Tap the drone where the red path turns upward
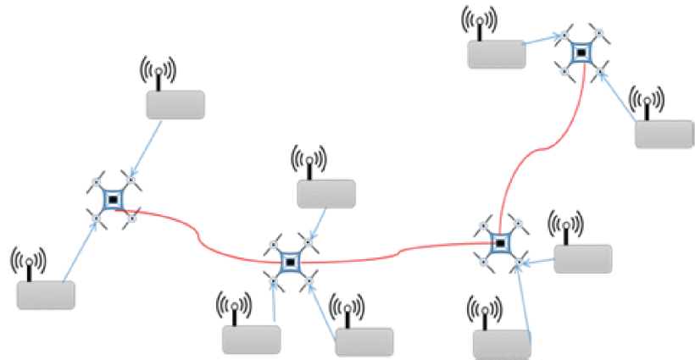coord(501,243)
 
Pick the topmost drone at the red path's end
coord(582,53)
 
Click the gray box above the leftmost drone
coord(175,105)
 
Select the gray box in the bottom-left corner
coord(46,294)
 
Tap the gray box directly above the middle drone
coord(325,194)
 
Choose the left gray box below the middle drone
coord(251,339)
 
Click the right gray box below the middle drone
coord(364,341)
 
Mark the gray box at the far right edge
coord(664,136)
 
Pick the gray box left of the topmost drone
coord(496,54)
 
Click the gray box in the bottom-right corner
coord(501,344)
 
